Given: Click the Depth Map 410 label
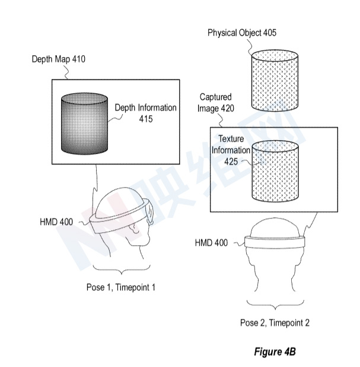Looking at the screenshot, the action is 59,59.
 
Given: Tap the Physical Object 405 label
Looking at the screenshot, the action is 242,33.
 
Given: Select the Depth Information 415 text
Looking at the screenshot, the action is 146,113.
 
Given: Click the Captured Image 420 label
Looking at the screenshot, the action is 215,103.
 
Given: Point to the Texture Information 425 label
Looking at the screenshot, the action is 231,150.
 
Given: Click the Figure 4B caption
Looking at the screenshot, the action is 275,352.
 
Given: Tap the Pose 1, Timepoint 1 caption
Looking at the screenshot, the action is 121,287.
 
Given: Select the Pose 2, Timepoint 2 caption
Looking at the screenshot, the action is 275,323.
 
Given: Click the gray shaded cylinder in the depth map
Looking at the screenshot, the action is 84,124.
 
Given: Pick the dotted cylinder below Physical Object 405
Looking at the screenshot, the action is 275,81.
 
